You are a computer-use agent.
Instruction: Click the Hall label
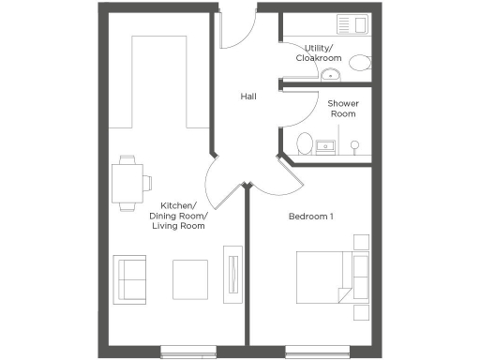click(248, 97)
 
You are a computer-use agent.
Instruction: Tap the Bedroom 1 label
click(311, 217)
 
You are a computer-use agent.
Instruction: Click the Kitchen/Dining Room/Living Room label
click(178, 216)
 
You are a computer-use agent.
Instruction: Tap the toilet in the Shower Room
click(303, 143)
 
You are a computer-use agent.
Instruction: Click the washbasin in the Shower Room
click(327, 146)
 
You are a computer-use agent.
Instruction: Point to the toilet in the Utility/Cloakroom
click(358, 62)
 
